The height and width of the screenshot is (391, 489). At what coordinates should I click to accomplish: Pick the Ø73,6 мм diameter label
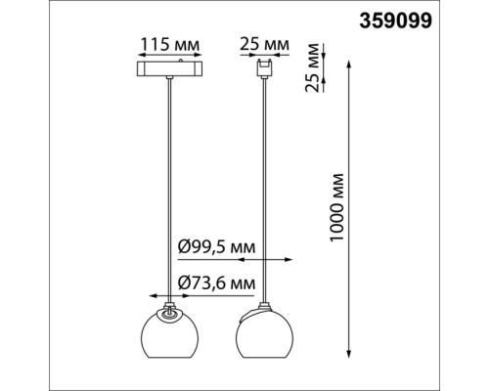pos(217,282)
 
